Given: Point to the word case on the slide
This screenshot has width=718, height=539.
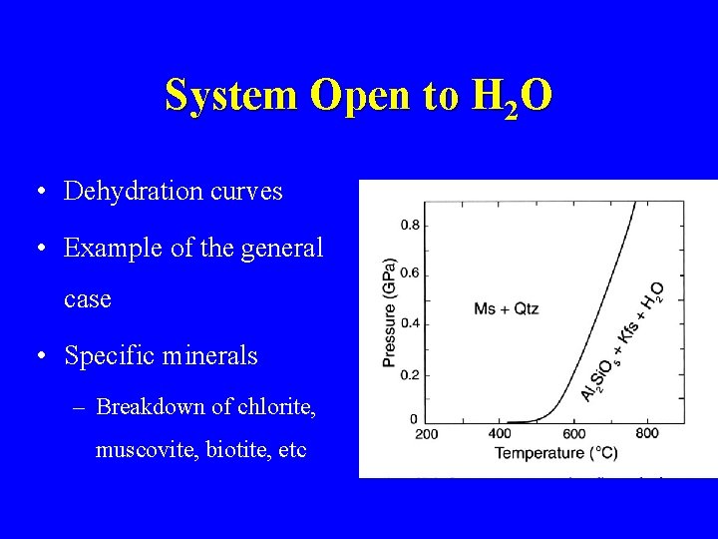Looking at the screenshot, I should [x=88, y=299].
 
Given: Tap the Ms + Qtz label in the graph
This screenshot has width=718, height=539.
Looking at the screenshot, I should [x=506, y=308].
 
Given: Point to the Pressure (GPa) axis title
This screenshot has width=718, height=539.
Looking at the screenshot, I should [x=389, y=311].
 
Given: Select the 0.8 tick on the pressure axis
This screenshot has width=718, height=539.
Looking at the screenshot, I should [x=410, y=224].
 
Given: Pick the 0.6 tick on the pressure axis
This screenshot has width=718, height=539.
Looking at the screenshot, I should [x=410, y=273].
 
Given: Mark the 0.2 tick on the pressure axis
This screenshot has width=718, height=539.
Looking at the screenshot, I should [x=410, y=374].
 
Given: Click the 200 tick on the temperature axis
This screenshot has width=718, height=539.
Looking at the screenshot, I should [x=426, y=433].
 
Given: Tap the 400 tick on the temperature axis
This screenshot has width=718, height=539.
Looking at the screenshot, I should [x=500, y=433].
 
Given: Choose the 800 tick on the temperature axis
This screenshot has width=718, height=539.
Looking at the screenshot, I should [x=646, y=433].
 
